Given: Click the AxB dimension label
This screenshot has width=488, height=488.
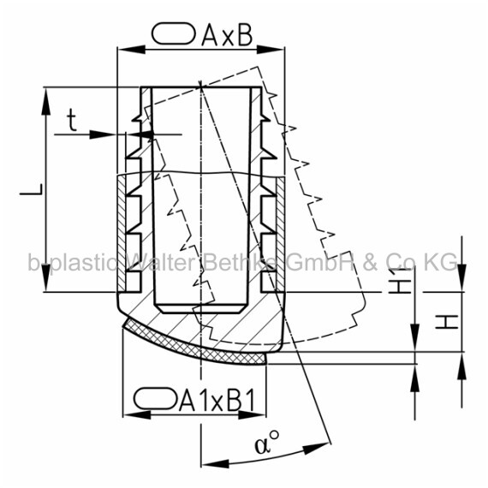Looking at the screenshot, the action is click(227, 35).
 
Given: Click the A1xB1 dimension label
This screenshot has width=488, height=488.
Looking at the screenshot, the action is click(217, 399).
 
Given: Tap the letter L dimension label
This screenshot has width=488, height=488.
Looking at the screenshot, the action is click(31, 189).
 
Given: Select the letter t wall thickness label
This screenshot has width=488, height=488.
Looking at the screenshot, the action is click(72, 121).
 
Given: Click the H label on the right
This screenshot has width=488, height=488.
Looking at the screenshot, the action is click(446, 322).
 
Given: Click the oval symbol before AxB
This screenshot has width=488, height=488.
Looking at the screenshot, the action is click(174, 33).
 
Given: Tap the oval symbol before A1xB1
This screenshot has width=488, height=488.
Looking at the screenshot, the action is click(155, 398).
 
